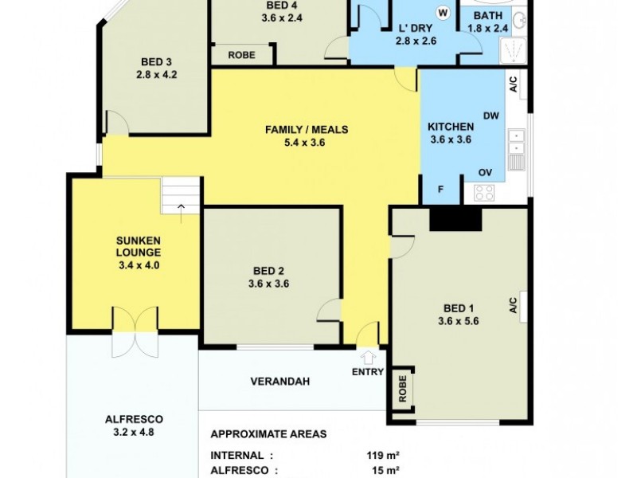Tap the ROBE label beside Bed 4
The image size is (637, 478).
point(241,55)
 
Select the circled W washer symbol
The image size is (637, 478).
point(443,13)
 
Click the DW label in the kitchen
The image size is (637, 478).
point(490,116)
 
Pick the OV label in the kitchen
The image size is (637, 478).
point(485,172)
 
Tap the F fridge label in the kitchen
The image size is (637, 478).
point(443,190)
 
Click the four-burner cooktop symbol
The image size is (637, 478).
point(485,192)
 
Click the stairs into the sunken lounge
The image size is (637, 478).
point(181,196)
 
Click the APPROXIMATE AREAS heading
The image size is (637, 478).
point(268,435)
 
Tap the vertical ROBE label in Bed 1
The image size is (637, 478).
point(403,390)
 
